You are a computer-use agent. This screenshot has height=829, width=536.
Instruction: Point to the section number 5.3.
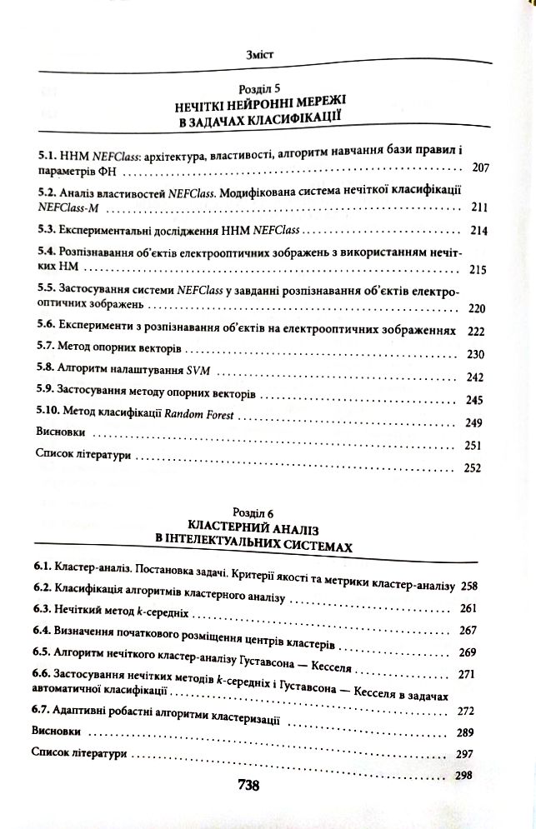click(x=49, y=227)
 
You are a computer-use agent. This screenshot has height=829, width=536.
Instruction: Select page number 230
click(x=476, y=354)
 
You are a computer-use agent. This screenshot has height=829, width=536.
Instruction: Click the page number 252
click(x=473, y=467)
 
